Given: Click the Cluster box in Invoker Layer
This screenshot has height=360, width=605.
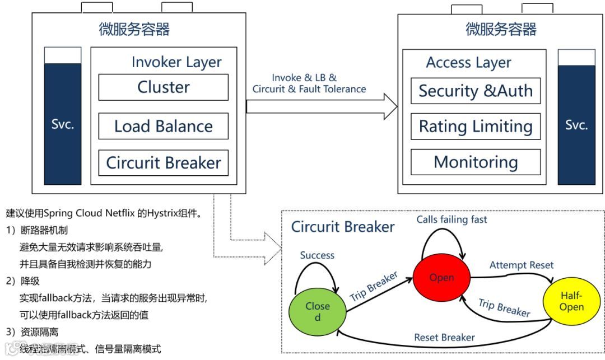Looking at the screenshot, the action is pos(163,87).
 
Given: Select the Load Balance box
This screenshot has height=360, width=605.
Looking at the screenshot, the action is pos(163,126).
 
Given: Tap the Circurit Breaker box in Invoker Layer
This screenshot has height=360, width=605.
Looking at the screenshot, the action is pos(163,163).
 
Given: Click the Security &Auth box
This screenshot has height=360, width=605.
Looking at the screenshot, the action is pos(476,91).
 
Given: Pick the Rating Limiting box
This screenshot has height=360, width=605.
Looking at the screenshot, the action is pos(476,127).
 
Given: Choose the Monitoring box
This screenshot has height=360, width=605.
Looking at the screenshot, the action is pos(476,162).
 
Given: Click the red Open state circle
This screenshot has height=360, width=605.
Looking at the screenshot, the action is pos(442,277).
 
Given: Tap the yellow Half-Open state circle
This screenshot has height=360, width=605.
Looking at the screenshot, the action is pos(571,301).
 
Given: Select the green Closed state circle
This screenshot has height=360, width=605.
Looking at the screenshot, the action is pos(318,311).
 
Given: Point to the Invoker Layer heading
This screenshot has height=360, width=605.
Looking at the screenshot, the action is pos(176,62).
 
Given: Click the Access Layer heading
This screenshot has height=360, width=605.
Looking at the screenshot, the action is pos(468,63).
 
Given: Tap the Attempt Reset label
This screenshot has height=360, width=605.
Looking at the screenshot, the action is pos(522,265).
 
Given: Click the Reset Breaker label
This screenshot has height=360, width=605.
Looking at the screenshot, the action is pos(444,338).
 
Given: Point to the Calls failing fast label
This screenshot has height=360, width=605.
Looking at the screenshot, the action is pos(452,219).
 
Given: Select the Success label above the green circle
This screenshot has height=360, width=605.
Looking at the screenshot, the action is pos(317,255).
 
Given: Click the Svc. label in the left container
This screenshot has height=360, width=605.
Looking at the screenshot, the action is pos(63,124).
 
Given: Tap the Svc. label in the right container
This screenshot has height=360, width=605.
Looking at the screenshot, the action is pos(576,125).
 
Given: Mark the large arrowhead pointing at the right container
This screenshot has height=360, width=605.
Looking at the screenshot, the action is pos(390,106).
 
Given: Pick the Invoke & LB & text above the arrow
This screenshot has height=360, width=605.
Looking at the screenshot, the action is pos(304,78).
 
